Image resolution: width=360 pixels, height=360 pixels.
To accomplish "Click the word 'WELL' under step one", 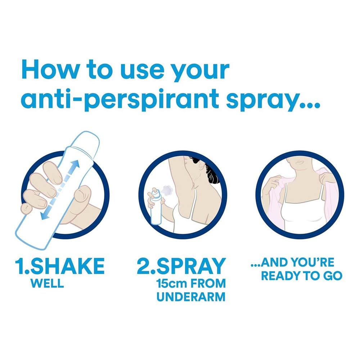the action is tap(47, 283).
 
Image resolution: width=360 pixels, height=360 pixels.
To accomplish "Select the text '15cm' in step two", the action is tap(171, 283).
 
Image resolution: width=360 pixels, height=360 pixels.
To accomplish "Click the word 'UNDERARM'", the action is tap(191, 297).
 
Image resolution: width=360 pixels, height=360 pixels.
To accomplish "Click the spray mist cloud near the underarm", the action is tap(167, 189).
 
